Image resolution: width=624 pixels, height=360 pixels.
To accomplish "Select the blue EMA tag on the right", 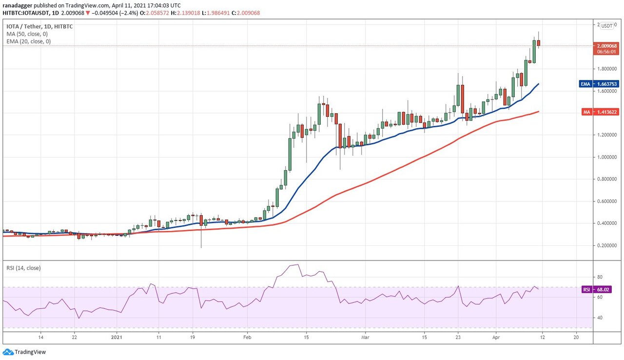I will pos(585,84).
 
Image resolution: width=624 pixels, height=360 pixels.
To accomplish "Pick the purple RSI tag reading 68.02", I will pos(587,290).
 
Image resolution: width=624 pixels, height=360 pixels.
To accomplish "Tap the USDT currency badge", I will pos(607,26).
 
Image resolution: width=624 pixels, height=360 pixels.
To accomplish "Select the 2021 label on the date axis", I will pos(117,337).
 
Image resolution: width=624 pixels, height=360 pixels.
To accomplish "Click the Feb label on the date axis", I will pos(247,337).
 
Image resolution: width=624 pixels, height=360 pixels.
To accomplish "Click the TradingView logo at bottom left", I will pos(24,352).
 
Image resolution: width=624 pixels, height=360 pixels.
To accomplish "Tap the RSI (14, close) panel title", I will pos(23,268).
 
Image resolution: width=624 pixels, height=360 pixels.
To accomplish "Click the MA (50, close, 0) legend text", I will pos(27,34).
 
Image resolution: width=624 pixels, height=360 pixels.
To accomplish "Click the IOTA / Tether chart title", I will pos(39,26).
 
